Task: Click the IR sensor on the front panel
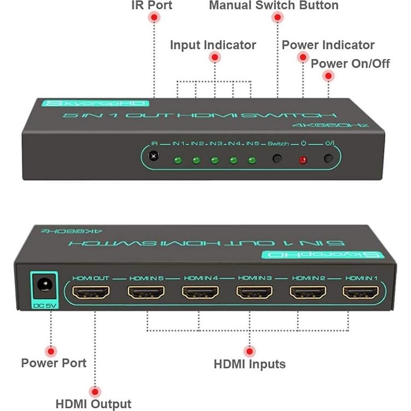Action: [x=154, y=157]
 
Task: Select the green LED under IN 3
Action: [x=214, y=160]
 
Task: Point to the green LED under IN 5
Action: [x=252, y=160]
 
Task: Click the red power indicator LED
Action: [x=303, y=160]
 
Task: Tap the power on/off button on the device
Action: [x=328, y=159]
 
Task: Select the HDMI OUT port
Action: [x=92, y=292]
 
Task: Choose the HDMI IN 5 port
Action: [x=146, y=292]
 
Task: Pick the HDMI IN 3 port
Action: [x=254, y=292]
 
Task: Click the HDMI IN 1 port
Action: [x=361, y=292]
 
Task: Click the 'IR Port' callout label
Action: [x=152, y=6]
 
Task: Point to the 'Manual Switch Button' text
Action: [x=273, y=6]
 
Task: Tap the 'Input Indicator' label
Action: [x=213, y=45]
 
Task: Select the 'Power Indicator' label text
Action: [x=328, y=45]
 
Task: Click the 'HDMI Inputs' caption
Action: [x=249, y=364]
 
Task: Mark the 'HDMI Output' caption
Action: [x=94, y=404]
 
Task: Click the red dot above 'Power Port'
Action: [x=52, y=351]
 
